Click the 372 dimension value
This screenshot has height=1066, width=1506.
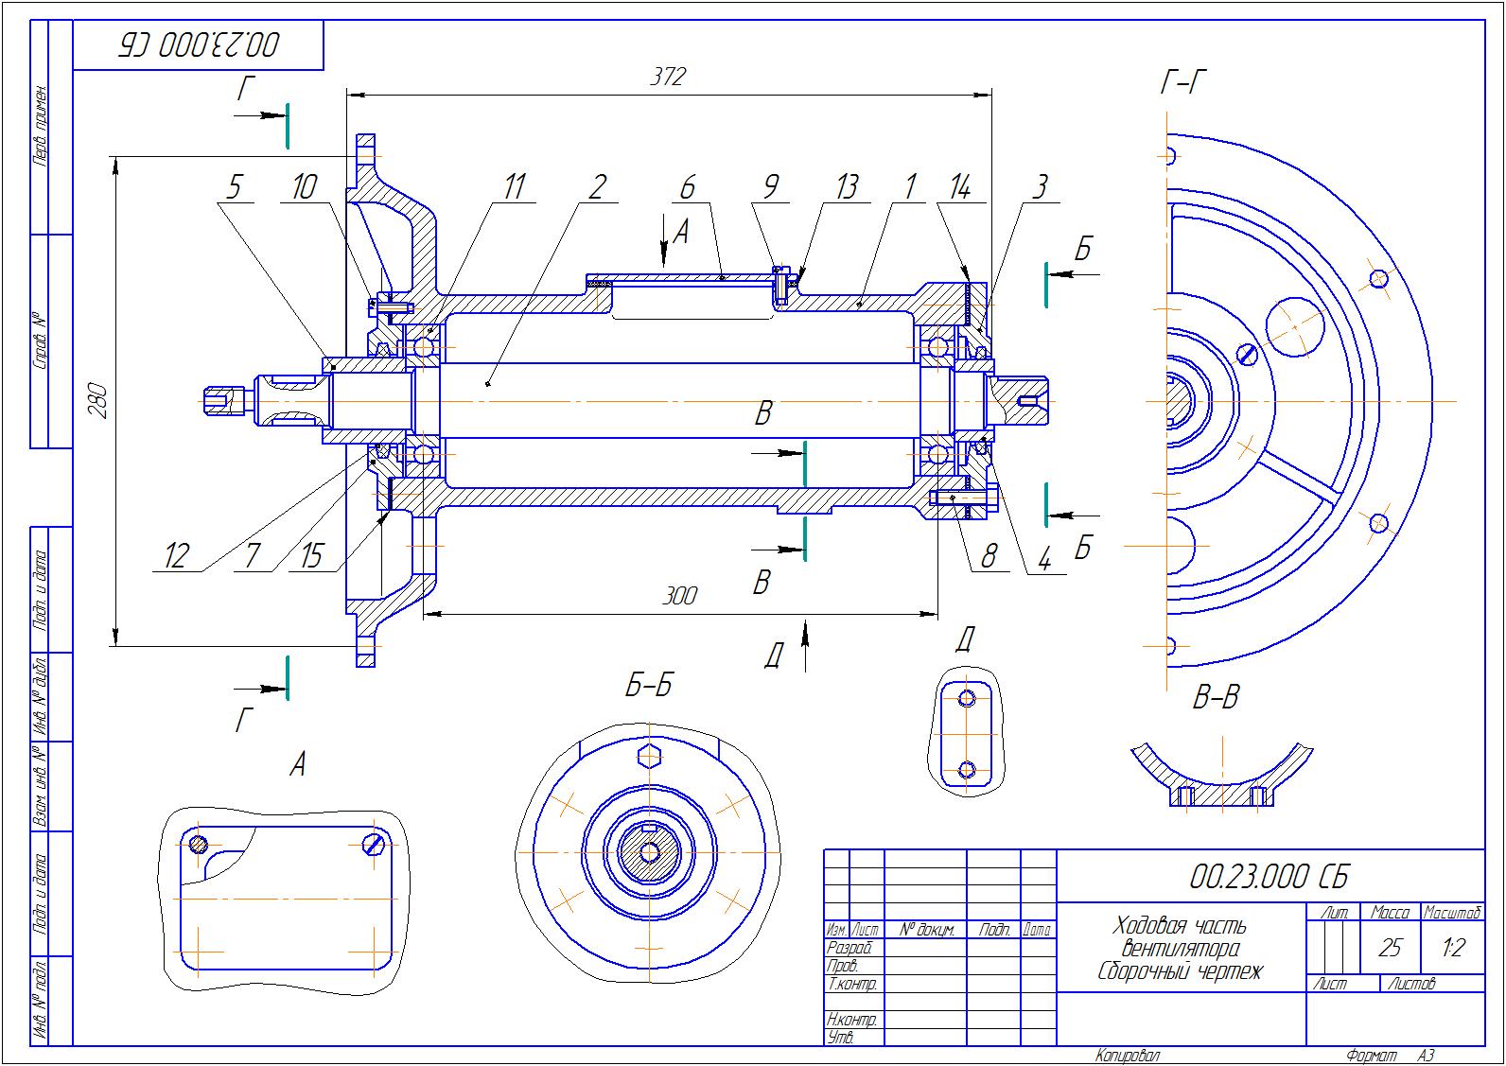point(668,77)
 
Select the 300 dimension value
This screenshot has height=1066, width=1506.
point(678,595)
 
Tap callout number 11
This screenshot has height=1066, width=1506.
point(513,186)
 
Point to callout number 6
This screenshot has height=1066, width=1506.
point(688,186)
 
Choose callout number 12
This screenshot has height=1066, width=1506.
point(177,556)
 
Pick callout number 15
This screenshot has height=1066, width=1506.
point(311,556)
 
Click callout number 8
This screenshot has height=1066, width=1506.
point(989,556)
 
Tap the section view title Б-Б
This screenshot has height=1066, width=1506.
point(648,685)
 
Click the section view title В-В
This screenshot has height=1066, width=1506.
point(1216,699)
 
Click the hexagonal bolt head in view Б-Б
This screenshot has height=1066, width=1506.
point(649,756)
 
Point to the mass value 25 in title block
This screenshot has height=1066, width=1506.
point(1390,947)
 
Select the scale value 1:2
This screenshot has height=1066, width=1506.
point(1453,947)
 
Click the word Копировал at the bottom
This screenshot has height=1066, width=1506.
point(1128,1056)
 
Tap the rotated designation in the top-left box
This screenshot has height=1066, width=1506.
point(199,44)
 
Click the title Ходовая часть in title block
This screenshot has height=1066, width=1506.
point(1180,925)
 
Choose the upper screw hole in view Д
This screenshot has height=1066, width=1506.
point(966,699)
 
